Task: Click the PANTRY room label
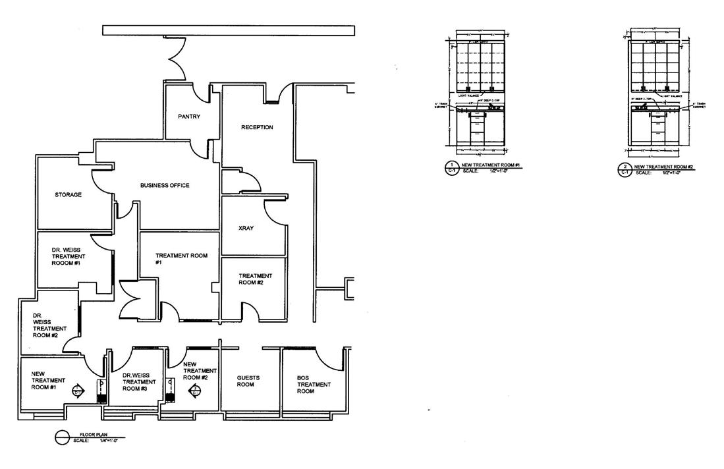click(189, 117)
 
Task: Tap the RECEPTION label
click(257, 127)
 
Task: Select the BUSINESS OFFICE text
click(165, 186)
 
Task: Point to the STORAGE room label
click(68, 195)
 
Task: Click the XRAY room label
click(246, 229)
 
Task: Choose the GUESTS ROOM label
click(248, 381)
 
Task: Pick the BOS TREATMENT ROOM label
click(305, 385)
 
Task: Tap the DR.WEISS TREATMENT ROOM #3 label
click(140, 381)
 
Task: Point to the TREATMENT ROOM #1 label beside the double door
click(177, 259)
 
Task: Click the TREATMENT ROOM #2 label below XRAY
click(255, 279)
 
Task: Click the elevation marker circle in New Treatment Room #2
click(195, 390)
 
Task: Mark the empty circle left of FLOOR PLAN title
click(63, 437)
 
